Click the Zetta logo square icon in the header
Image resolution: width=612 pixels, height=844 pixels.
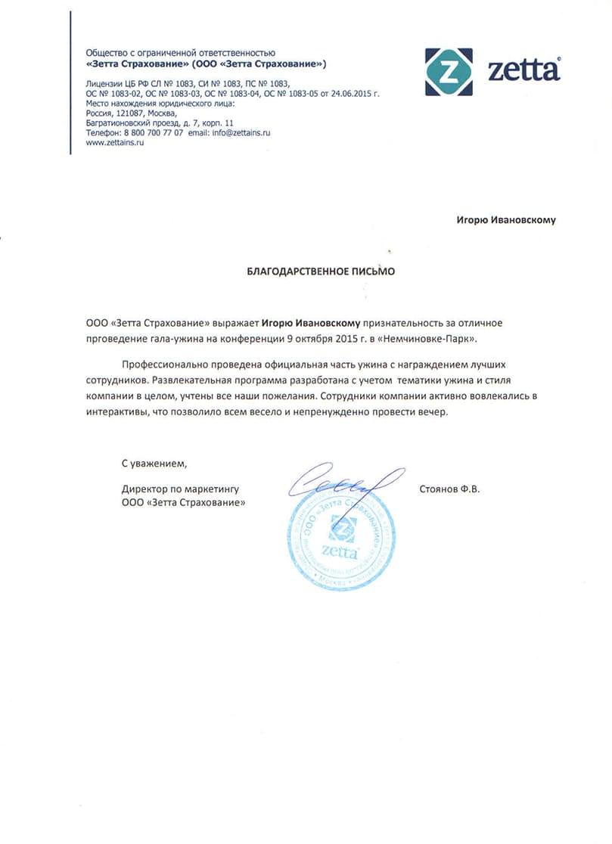tap(449, 72)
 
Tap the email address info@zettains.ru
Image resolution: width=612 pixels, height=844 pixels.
tap(239, 132)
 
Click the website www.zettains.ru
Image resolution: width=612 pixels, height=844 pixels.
tap(114, 142)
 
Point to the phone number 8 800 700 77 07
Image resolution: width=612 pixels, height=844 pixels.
tap(151, 132)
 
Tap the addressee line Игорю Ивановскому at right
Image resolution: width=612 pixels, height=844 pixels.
tap(505, 220)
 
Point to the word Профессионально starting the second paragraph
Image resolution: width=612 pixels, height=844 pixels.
tap(160, 364)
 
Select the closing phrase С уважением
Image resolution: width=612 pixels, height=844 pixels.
tap(154, 462)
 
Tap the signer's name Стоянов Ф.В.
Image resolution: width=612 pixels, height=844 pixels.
tap(449, 489)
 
